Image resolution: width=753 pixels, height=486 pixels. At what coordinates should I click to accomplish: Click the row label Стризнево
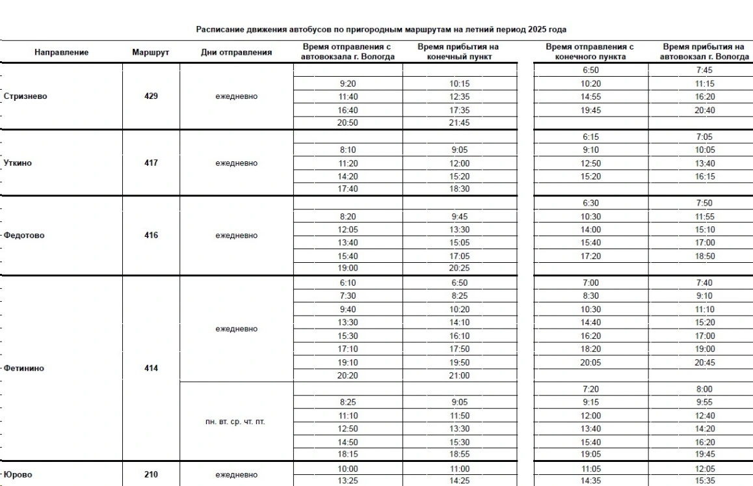25,96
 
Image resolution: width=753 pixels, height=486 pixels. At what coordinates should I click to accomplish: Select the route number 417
151,163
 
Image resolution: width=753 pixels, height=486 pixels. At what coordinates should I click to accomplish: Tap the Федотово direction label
24,236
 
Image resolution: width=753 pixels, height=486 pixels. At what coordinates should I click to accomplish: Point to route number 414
151,368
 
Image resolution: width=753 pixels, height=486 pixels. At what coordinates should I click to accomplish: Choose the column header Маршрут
150,52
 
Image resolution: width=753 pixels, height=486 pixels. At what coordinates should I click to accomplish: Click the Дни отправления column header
236,52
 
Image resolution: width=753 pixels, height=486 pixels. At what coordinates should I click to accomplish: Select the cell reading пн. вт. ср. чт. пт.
236,422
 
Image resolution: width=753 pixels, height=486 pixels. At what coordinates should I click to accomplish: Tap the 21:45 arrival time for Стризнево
458,123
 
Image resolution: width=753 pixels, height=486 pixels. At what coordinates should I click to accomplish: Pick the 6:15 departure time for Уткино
591,137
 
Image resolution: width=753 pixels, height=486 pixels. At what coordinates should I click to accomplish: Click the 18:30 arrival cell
458,189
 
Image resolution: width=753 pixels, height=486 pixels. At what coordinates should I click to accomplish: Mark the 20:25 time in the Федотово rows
458,268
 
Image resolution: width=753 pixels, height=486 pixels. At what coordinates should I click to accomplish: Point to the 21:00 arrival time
458,375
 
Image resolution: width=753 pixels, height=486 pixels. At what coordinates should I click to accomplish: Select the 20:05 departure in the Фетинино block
591,362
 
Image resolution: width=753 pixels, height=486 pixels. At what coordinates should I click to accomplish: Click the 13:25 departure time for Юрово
348,481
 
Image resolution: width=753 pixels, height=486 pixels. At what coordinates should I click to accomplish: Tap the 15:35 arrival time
704,481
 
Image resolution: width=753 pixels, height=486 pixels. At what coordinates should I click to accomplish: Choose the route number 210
151,474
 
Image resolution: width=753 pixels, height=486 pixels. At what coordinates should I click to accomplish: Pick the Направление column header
62,52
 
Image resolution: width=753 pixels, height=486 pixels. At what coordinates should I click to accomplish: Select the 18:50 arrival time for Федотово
704,256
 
